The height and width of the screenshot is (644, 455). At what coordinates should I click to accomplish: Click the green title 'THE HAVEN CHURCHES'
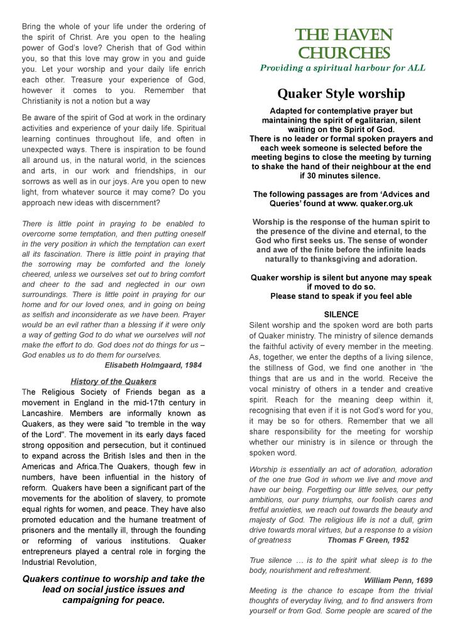coord(344,43)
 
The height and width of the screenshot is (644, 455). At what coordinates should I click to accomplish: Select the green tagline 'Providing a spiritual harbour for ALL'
coord(343,68)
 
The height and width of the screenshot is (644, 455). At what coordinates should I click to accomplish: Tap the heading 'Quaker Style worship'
coord(341,94)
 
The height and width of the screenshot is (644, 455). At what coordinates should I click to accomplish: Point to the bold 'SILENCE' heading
coord(341,314)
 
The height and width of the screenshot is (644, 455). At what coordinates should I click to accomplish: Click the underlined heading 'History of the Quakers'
coord(113,381)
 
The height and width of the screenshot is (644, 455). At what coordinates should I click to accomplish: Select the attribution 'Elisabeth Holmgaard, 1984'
coord(153,365)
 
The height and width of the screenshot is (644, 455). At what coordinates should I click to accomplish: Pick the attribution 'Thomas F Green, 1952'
coord(368,540)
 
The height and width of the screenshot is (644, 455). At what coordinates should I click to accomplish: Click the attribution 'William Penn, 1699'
coord(398,580)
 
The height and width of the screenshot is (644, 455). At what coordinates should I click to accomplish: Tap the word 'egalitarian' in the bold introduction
coord(385,119)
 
